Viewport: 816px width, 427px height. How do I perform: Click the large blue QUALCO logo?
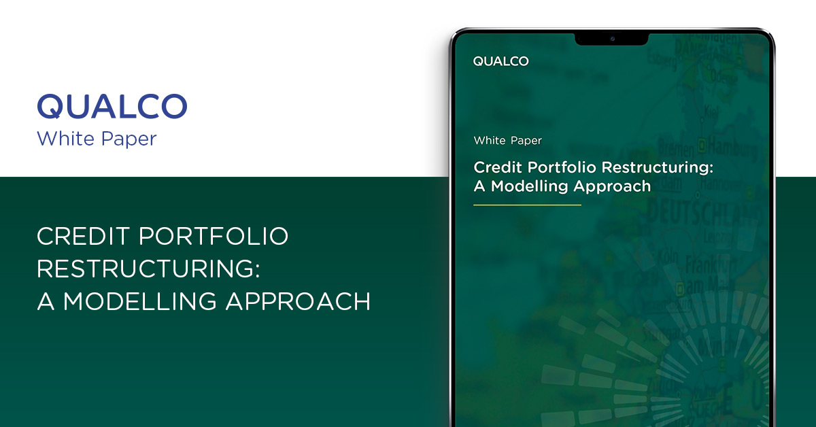click(112, 107)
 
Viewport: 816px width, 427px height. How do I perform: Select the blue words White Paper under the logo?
click(97, 139)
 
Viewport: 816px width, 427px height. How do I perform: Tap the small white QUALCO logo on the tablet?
click(500, 61)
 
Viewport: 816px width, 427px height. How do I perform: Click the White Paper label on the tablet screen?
click(507, 141)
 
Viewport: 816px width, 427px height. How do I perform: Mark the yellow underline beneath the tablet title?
click(527, 205)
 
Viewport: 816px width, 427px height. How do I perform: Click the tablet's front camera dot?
click(611, 38)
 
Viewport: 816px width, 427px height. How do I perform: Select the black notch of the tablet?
click(611, 39)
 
